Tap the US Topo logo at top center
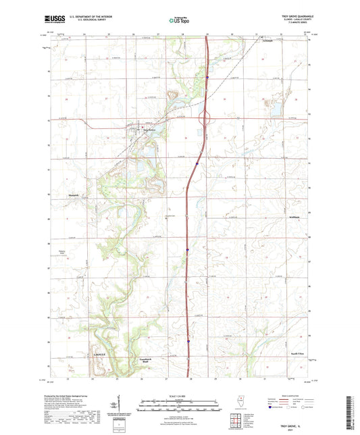[x=180, y=20]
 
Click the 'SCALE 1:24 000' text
[x=180, y=395]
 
